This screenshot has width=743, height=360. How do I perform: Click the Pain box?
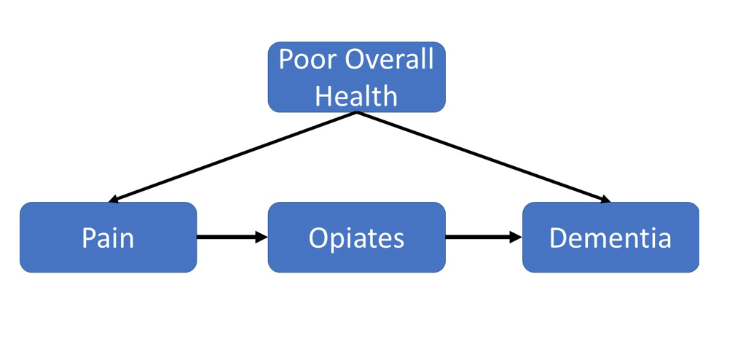coord(108,237)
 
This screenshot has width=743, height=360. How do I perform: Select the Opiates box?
coord(356,237)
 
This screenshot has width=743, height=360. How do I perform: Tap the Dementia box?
coord(610,237)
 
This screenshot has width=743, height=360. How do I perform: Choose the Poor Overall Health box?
coord(356,77)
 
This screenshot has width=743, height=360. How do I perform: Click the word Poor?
coord(307,59)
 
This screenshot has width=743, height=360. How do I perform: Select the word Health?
coord(356,95)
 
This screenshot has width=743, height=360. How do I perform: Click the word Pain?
coord(108,238)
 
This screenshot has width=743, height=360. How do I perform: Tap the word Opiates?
coord(356,238)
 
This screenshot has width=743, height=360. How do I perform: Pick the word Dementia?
coord(610,238)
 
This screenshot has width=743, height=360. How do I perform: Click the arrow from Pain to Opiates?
coord(232,237)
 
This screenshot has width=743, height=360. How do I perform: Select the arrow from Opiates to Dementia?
coord(484,237)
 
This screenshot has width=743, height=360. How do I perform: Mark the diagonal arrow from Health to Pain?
coord(232,157)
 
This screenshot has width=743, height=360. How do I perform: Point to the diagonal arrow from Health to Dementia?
coord(484,157)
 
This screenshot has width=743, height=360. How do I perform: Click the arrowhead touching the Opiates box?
coord(262,237)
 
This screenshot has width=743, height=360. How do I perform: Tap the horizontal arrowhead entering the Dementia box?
coord(516,237)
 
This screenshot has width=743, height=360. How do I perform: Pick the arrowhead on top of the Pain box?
coord(114,199)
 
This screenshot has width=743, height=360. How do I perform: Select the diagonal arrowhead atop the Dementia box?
coord(605,199)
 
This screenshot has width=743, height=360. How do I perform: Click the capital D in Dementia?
coord(558,238)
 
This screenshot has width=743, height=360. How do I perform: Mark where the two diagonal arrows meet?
coord(356,112)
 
